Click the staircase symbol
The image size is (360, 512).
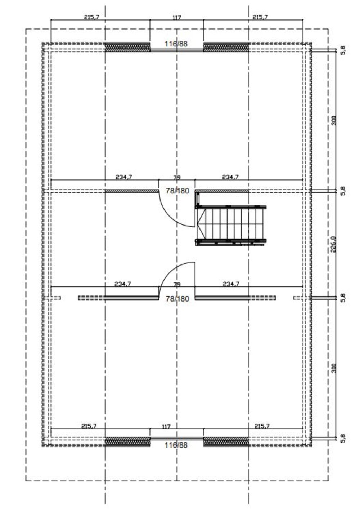pos(231,225)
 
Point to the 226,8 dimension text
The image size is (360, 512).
pos(333,244)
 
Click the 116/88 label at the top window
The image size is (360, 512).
pos(176,44)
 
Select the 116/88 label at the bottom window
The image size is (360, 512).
pos(176,445)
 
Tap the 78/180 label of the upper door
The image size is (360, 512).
pos(177,191)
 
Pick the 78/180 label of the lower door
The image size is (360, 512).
pos(177,299)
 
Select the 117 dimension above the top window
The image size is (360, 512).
pos(177,18)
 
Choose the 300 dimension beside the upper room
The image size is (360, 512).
pos(333,121)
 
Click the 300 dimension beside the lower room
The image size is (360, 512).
pos(333,368)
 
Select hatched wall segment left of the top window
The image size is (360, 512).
pos(127,47)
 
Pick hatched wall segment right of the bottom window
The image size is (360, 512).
pos(226,442)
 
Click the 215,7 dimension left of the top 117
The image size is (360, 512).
pos(91,17)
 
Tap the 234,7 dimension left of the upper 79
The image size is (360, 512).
pos(123,177)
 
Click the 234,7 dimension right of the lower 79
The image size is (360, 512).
pos(231,284)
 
